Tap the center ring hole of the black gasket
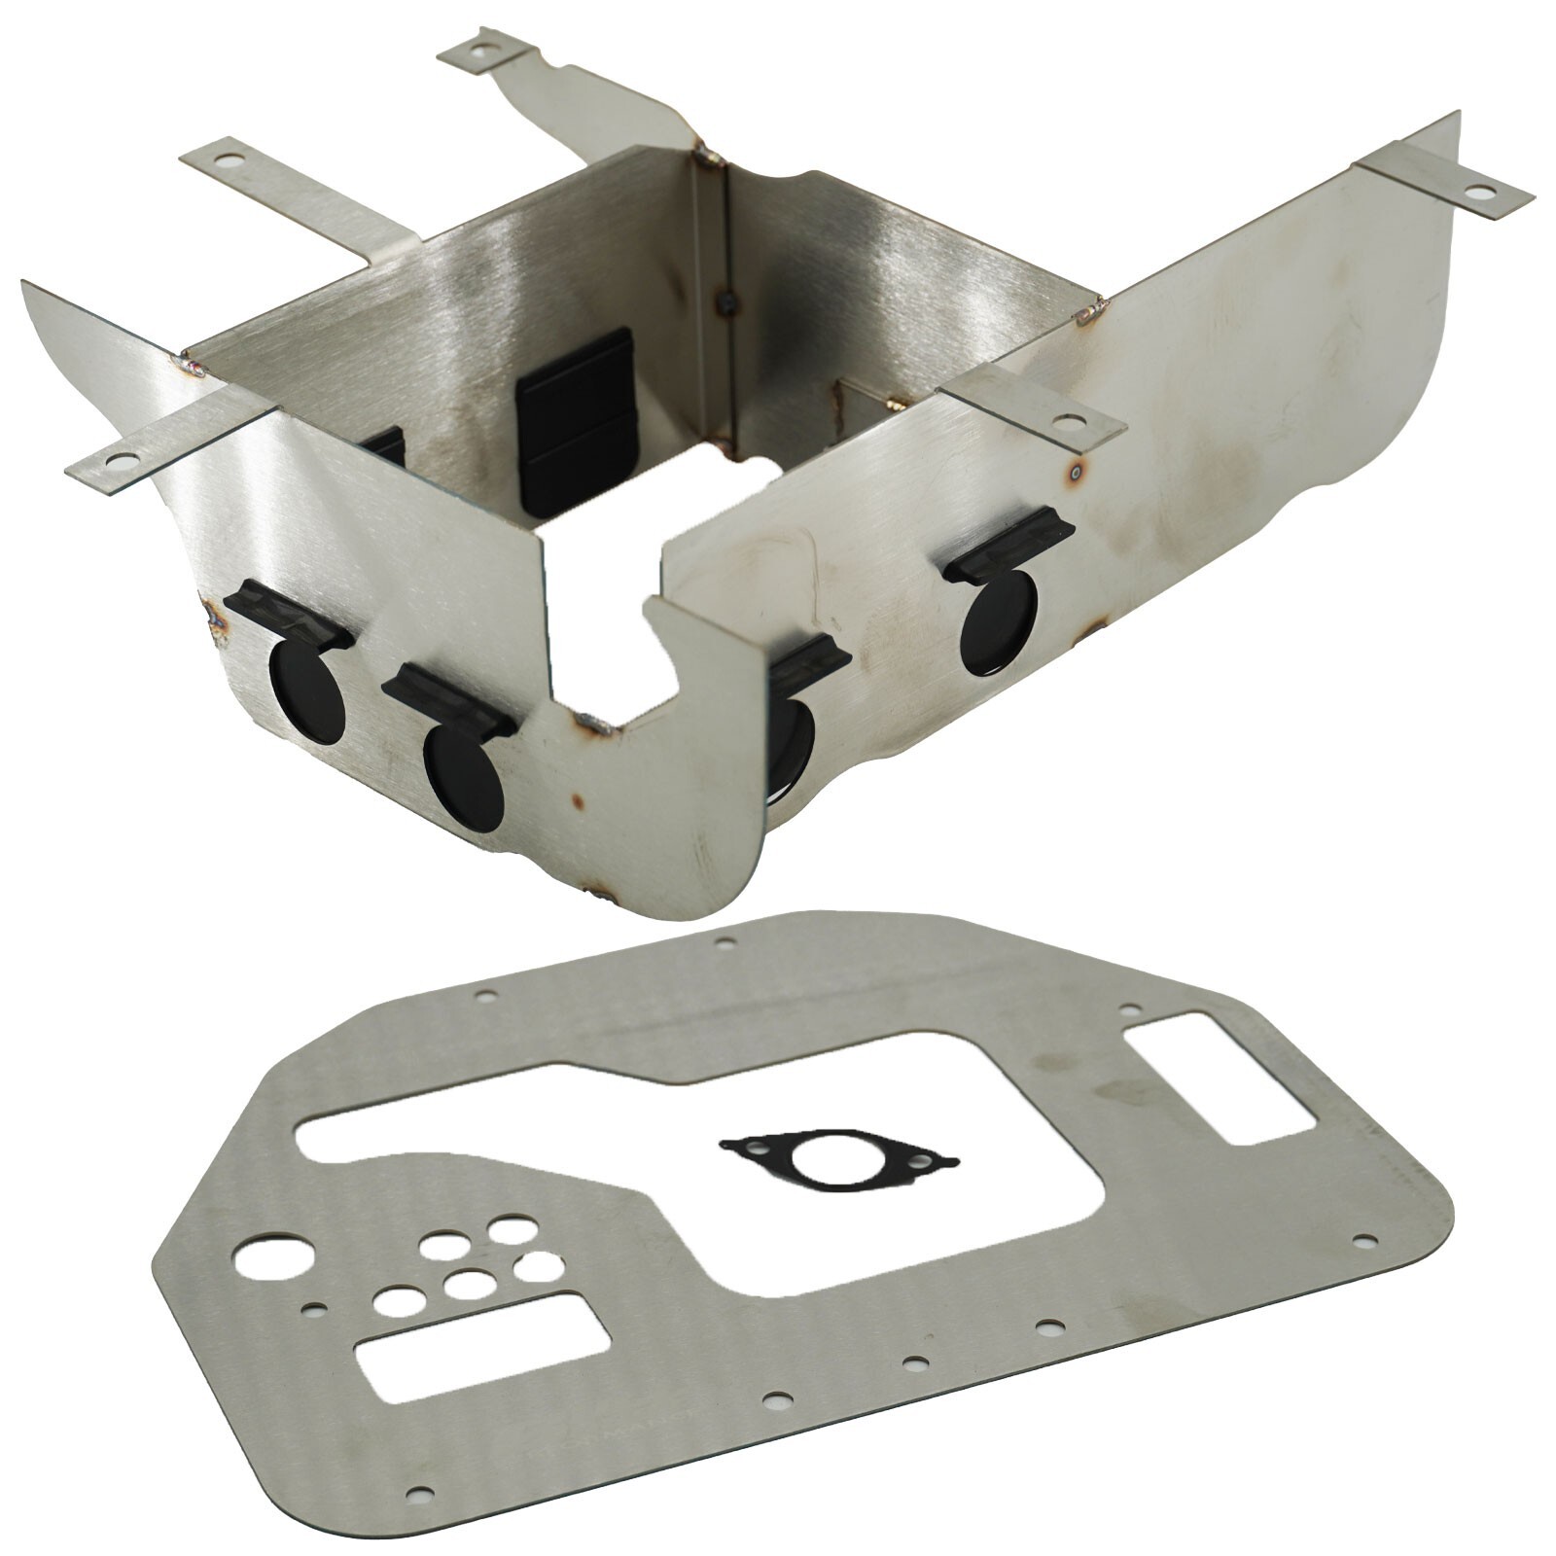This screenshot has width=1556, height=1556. pyautogui.click(x=824, y=1160)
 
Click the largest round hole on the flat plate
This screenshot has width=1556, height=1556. pyautogui.click(x=273, y=1257)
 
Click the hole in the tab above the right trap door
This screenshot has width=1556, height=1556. pyautogui.click(x=1068, y=422)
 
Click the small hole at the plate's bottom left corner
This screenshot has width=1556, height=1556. pyautogui.click(x=419, y=1519)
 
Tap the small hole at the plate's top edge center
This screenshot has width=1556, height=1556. pyautogui.click(x=724, y=941)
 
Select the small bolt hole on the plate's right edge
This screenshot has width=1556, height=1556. pyautogui.click(x=1364, y=1241)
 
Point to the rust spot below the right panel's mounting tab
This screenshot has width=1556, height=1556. pyautogui.click(x=1077, y=474)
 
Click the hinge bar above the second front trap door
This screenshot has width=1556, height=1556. pyautogui.click(x=449, y=699)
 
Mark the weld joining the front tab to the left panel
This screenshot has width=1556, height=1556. pyautogui.click(x=191, y=367)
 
